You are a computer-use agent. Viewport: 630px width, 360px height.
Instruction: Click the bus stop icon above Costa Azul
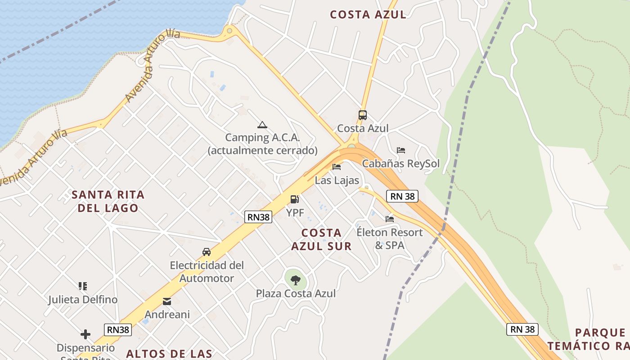coord(363,115)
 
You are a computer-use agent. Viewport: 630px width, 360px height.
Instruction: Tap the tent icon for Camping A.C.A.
coord(262,125)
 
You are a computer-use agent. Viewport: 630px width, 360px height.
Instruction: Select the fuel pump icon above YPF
coord(295,199)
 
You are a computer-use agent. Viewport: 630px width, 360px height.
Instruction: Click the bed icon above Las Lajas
coord(337,167)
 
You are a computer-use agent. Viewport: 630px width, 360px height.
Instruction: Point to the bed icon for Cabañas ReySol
coord(401,150)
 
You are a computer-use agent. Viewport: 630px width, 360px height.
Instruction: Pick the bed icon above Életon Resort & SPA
coord(390,219)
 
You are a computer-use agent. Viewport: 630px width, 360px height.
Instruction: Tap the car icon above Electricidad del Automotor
coord(207,252)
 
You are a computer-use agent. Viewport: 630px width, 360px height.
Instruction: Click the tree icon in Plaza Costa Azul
coord(296,280)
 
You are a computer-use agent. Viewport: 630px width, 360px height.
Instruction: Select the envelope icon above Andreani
coord(167,301)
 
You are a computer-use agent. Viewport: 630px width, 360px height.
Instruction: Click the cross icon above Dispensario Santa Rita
coord(85,334)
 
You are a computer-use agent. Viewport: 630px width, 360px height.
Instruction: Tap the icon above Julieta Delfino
coord(83,286)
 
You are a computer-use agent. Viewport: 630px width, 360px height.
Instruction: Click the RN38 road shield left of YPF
coord(259,217)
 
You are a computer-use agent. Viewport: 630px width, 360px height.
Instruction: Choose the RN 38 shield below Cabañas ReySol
coord(402,196)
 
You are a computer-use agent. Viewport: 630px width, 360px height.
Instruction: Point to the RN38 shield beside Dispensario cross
coord(118,329)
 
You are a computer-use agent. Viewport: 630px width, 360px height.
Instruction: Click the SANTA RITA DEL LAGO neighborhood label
coord(108,201)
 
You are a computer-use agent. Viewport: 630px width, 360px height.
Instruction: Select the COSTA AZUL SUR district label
coord(321,239)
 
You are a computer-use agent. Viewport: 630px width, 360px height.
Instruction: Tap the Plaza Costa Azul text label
coord(296,293)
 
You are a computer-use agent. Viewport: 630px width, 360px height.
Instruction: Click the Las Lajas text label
coord(337,180)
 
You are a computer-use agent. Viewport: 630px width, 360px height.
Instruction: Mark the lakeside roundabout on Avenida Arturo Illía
coord(230,31)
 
